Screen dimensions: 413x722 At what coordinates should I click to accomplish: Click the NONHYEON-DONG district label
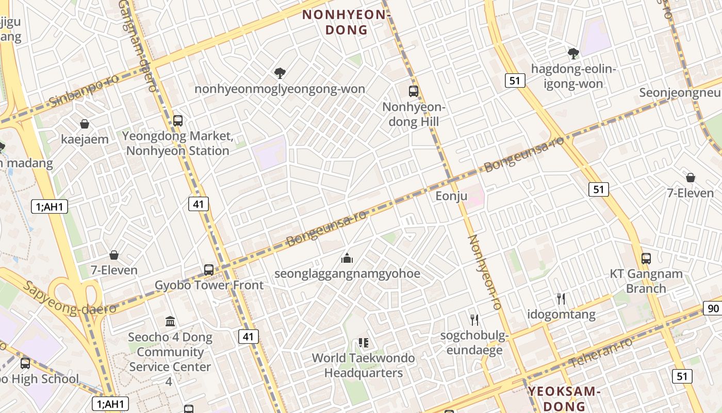[344, 22]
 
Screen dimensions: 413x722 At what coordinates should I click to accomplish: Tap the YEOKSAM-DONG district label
[564, 399]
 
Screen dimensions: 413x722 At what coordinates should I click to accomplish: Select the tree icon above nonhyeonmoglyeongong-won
[280, 73]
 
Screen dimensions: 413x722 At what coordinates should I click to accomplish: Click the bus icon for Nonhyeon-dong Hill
[414, 91]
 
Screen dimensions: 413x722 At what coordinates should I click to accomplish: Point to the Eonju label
[451, 196]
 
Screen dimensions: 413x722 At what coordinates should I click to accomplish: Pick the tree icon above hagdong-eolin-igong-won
[573, 53]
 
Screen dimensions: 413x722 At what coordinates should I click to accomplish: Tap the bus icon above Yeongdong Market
[178, 121]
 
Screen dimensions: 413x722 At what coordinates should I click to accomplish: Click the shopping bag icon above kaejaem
[85, 124]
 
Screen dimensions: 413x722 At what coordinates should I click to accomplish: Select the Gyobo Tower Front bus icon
[209, 269]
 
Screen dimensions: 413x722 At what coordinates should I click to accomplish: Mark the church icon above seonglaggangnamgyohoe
[347, 258]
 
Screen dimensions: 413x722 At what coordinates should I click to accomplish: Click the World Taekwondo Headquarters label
[364, 365]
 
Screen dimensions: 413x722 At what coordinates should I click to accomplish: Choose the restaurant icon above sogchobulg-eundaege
[474, 320]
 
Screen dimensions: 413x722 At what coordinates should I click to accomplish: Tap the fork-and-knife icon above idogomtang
[561, 298]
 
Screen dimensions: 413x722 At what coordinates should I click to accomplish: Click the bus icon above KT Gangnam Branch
[646, 258]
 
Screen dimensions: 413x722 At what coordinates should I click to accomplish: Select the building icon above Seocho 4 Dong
[170, 322]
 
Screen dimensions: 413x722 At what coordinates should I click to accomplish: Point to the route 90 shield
[713, 309]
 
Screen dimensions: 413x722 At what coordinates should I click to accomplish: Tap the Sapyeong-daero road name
[70, 298]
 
